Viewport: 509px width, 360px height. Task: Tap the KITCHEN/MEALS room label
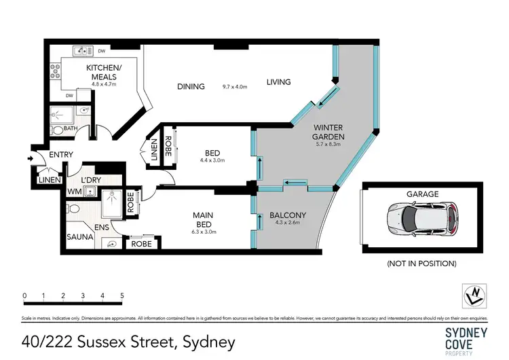click(x=104, y=73)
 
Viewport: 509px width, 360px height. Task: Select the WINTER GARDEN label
click(x=328, y=132)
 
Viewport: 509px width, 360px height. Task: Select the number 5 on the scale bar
click(x=121, y=295)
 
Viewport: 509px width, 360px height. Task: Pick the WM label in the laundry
click(x=73, y=192)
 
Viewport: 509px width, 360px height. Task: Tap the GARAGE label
click(x=422, y=194)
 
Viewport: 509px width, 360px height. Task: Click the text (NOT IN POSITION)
click(x=421, y=263)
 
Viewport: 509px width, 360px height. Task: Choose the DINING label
click(x=191, y=86)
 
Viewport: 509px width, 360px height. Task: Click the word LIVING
click(x=278, y=82)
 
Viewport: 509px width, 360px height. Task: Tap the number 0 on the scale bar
click(x=24, y=295)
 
